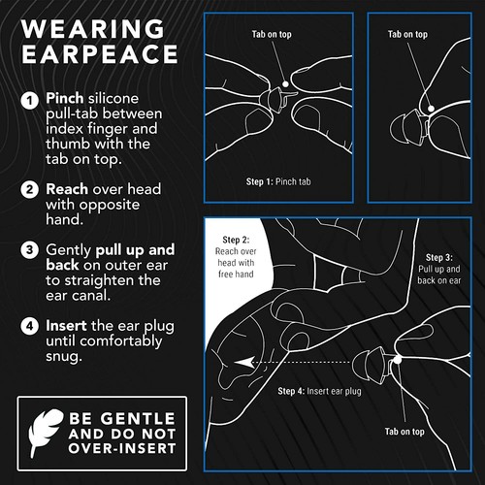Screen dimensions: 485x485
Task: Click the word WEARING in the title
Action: tap(93, 29)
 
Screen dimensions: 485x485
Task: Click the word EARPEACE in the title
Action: tap(100, 53)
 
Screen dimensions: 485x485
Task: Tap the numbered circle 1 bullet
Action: tap(30, 100)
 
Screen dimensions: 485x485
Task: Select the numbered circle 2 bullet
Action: tap(30, 189)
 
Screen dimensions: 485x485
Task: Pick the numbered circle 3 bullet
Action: tap(30, 250)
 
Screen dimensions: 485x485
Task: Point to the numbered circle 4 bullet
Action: tap(30, 326)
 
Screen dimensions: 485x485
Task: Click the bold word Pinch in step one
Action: tap(65, 98)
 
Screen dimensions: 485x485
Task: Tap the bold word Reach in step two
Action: tap(67, 189)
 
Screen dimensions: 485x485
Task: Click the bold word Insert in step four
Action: tap(66, 326)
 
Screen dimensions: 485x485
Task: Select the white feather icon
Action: tap(46, 432)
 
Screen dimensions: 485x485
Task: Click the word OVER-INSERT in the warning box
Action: tap(122, 448)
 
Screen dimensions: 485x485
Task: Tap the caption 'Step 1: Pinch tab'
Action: tap(278, 181)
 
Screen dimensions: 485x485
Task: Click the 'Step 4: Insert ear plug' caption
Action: tap(319, 391)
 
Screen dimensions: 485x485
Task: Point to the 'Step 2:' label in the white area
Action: tap(236, 240)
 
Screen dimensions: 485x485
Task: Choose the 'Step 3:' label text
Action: tap(439, 258)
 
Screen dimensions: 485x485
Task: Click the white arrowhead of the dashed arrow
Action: tap(244, 363)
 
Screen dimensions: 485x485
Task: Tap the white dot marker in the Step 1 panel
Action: tap(285, 84)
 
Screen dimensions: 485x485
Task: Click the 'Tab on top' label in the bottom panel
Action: tap(404, 432)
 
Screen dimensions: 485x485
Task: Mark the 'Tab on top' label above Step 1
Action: tap(272, 34)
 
